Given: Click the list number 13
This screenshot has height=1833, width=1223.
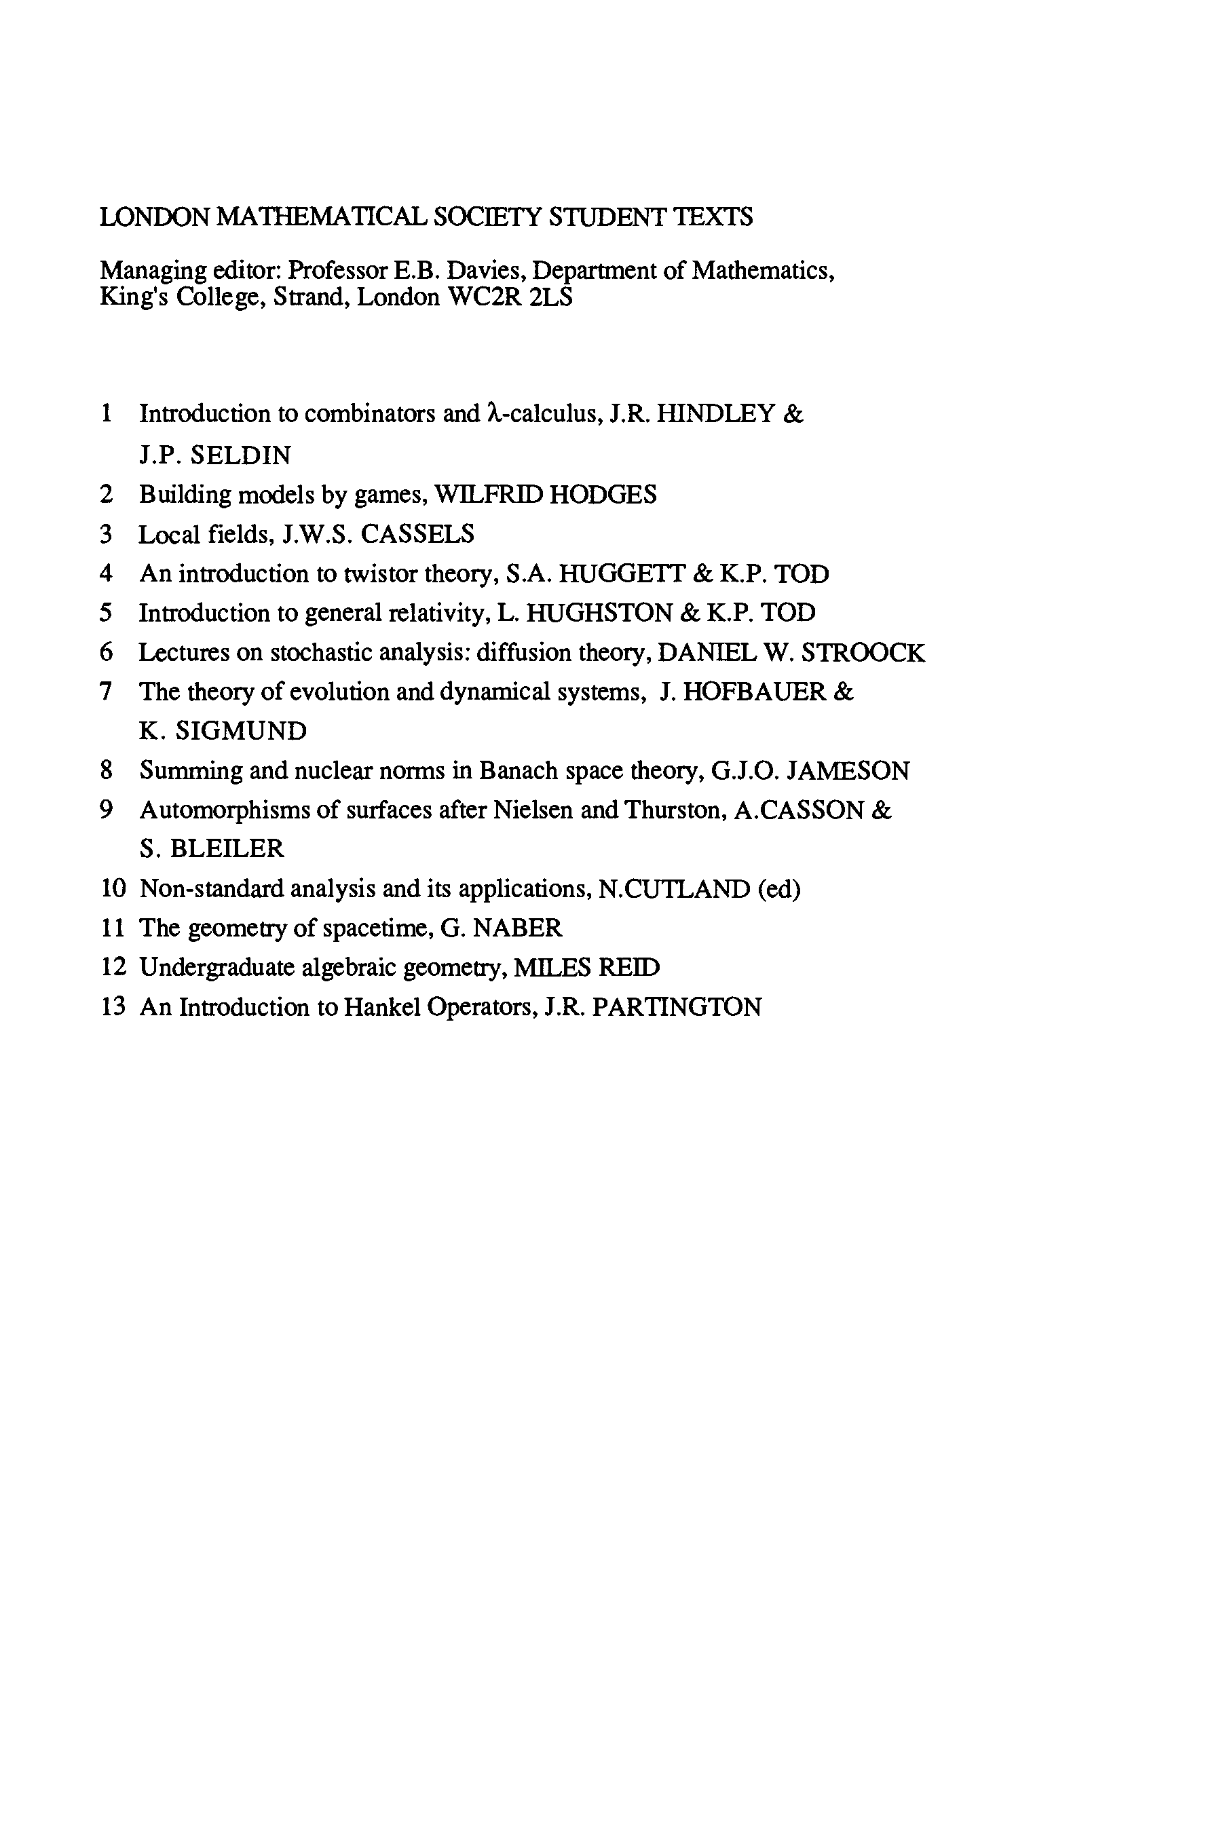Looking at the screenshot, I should click(113, 1006).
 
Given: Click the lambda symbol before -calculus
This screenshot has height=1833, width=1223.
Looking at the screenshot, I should click(491, 413).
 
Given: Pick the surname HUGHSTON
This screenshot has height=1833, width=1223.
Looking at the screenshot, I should click(599, 613).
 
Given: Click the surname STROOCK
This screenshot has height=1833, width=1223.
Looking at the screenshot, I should click(863, 653).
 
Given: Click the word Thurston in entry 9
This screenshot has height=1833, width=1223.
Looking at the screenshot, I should click(676, 810).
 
